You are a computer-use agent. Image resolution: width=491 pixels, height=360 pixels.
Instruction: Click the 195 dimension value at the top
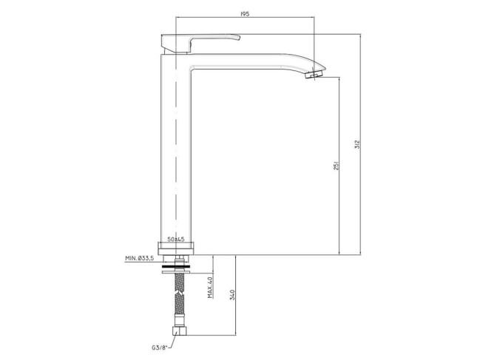tap(245, 14)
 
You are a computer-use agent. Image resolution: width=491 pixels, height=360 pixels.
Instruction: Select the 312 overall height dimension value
tap(357, 144)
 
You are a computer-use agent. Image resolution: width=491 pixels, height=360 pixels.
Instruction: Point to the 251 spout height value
tap(336, 166)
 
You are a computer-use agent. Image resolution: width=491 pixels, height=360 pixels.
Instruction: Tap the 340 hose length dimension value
tap(232, 295)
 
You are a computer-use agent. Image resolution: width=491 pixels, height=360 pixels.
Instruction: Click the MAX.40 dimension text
tap(210, 288)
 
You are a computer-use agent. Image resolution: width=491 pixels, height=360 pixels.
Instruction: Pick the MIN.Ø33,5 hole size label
tap(139, 258)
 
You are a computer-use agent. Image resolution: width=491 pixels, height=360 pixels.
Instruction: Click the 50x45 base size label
tap(176, 240)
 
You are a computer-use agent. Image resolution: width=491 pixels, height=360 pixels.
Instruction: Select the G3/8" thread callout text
tap(160, 347)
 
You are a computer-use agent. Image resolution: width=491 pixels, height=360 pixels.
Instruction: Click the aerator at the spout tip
tap(314, 75)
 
